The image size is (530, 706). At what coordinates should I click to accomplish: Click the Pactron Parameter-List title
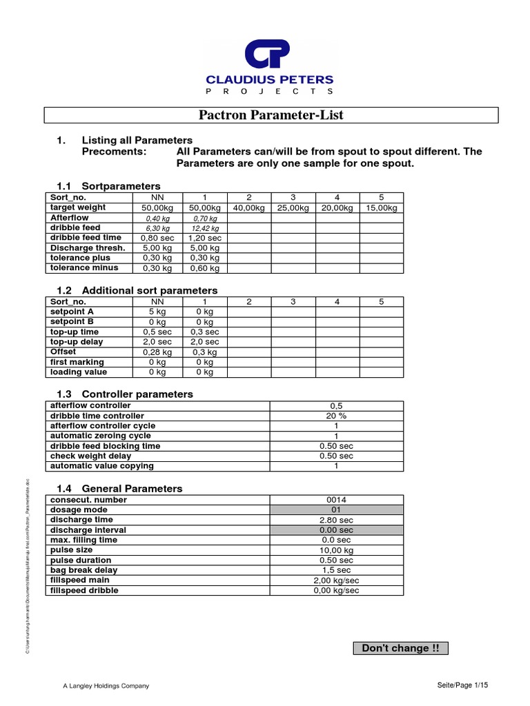point(271,115)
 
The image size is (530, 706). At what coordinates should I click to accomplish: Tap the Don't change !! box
point(400,648)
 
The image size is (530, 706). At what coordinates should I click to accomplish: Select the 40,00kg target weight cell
point(249,208)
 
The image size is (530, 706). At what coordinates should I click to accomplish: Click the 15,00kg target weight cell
point(382,208)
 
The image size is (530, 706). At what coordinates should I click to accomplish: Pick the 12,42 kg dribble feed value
point(205,228)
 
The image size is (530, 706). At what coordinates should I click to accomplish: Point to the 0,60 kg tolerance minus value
point(205,268)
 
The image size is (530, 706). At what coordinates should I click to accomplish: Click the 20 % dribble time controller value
point(336,416)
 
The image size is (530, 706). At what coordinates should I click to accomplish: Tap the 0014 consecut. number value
point(336,500)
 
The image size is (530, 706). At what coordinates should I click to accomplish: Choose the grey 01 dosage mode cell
point(336,510)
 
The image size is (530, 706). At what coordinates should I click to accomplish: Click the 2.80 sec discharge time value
point(336,520)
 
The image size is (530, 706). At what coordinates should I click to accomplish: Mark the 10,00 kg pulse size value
point(336,550)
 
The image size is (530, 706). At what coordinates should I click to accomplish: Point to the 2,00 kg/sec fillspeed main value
point(336,581)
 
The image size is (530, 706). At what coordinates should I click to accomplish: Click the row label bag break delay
point(84,570)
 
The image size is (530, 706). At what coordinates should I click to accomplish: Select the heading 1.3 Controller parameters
point(124,394)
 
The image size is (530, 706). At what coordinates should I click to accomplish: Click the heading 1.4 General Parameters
point(119,489)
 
